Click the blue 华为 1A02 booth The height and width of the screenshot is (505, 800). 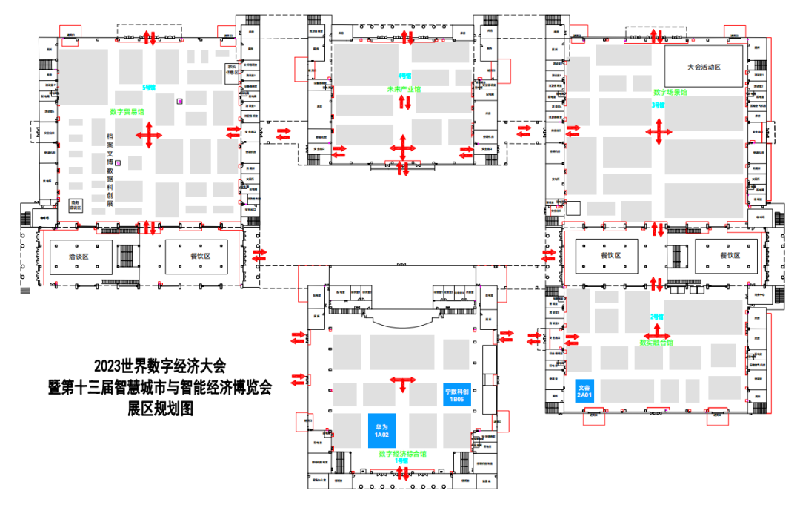click(x=382, y=430)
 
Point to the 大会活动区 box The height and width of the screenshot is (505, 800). click(x=703, y=67)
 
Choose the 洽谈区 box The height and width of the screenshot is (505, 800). click(x=80, y=257)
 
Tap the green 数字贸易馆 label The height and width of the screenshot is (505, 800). click(x=127, y=112)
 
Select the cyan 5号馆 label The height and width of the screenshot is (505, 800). click(x=149, y=88)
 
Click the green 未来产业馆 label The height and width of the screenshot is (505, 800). click(x=403, y=89)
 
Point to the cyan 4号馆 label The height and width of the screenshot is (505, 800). click(x=404, y=76)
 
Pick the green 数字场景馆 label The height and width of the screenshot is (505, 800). click(x=670, y=93)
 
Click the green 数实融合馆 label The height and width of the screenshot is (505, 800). click(x=656, y=343)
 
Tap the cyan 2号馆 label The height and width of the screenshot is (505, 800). click(x=656, y=317)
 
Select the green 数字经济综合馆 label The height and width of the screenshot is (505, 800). click(x=402, y=453)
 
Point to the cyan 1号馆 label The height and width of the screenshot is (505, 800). click(x=402, y=461)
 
